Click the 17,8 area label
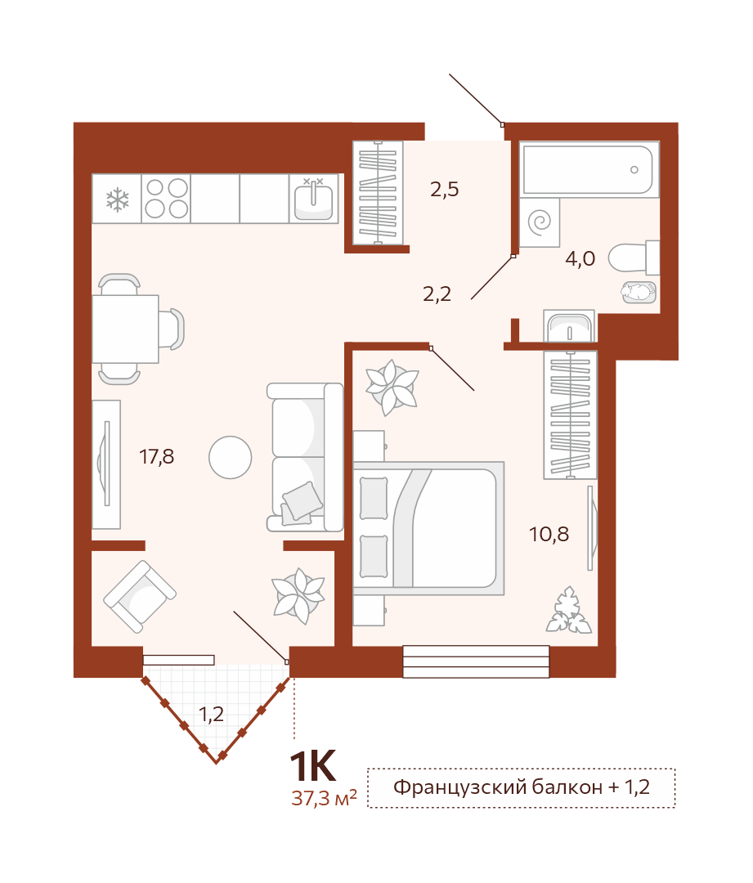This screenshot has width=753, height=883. [x=157, y=456]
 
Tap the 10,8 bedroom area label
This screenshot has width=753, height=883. [x=549, y=534]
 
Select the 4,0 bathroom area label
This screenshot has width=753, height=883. [x=580, y=258]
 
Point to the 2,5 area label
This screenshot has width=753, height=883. [x=445, y=189]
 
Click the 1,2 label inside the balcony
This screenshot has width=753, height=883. [x=211, y=715]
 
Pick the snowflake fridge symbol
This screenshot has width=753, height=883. [x=117, y=199]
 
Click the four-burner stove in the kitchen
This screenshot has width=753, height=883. [x=166, y=198]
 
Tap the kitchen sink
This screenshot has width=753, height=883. [x=314, y=199]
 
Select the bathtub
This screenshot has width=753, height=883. [x=589, y=169]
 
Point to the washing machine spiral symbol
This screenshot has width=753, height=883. [x=540, y=222]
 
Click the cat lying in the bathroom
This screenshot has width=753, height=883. [x=639, y=292]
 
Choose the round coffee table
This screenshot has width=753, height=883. [x=231, y=457]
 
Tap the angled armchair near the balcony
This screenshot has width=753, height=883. [x=140, y=596]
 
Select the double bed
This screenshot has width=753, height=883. [x=428, y=528]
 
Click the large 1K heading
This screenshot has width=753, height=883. [x=312, y=766]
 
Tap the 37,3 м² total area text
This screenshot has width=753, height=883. [x=324, y=797]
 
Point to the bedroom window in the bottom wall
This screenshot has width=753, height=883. [x=476, y=661]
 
